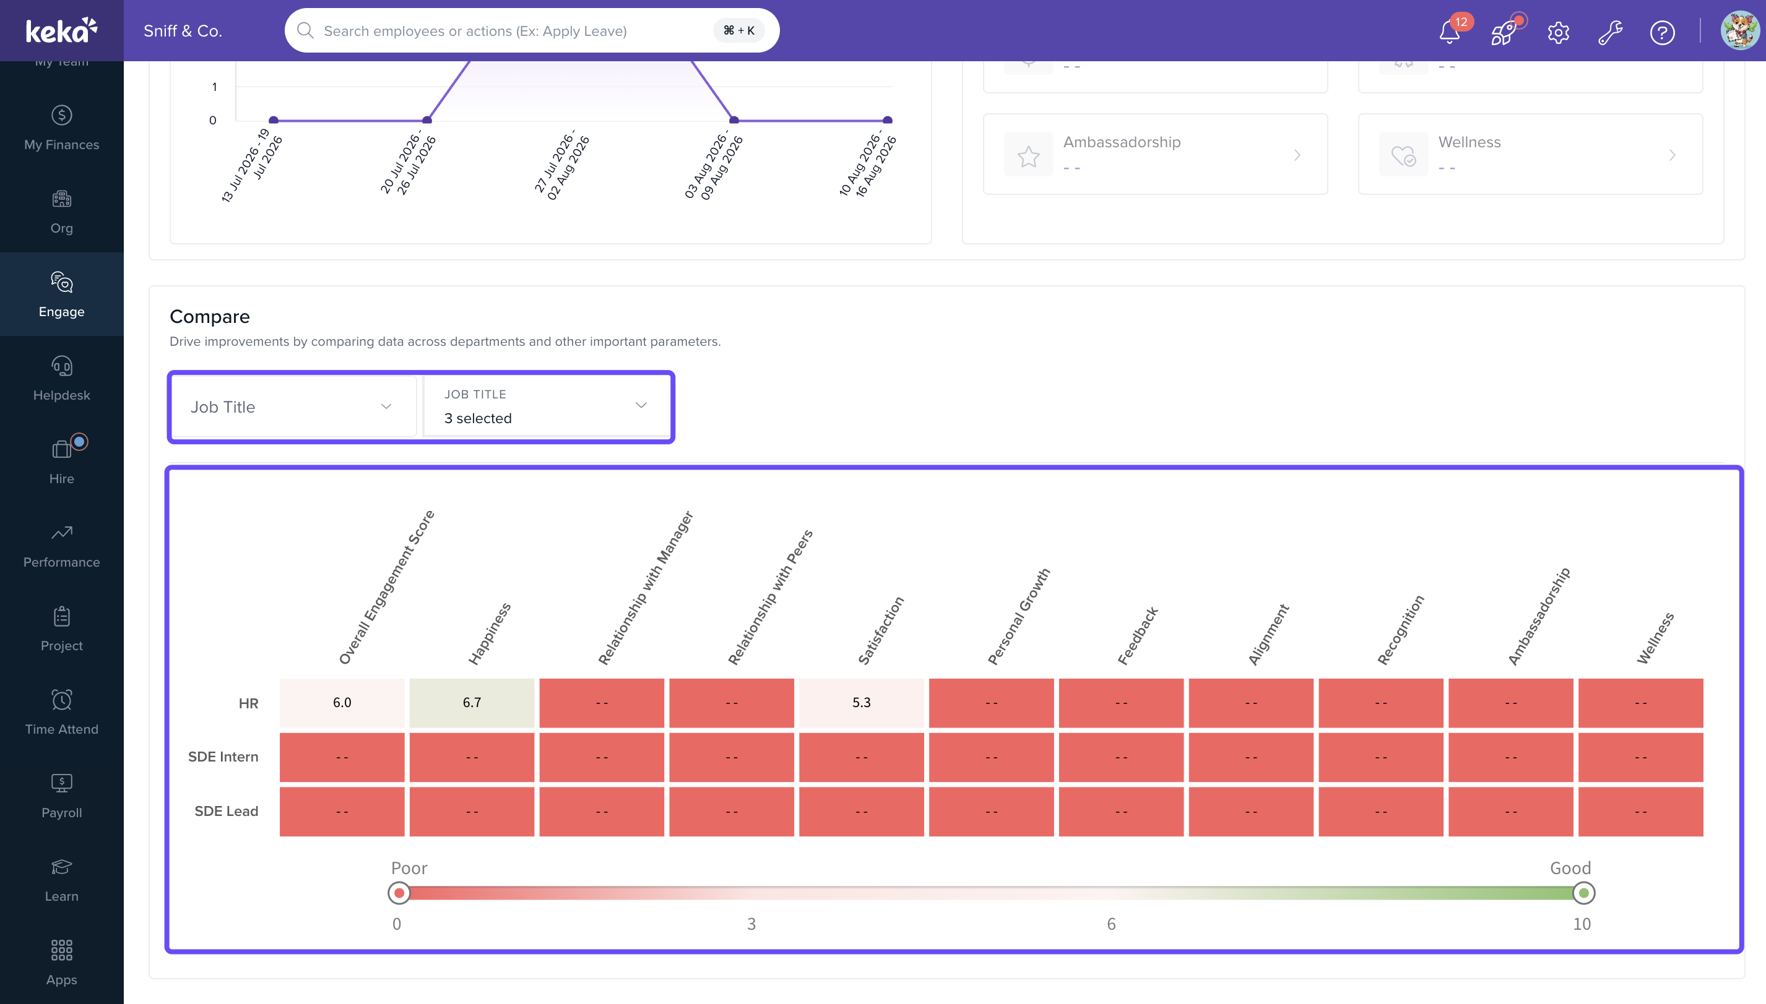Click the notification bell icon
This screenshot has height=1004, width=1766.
tap(1448, 32)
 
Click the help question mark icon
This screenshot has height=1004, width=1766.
tap(1662, 32)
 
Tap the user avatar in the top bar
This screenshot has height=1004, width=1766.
tap(1740, 30)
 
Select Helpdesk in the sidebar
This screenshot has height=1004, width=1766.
tap(61, 378)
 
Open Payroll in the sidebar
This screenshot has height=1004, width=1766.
tap(61, 796)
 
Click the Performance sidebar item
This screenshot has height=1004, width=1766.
tap(61, 546)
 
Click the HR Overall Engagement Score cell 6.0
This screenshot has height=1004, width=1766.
tap(342, 703)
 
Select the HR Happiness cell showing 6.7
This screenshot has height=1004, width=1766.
tap(472, 703)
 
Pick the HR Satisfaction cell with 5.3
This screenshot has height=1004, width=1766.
tap(862, 703)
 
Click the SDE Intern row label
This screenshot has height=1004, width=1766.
tap(223, 757)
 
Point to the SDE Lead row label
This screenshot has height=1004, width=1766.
tap(227, 811)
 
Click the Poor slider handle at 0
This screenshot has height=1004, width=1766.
tap(399, 893)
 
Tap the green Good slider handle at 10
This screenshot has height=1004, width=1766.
tap(1584, 893)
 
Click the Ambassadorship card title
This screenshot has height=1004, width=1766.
tap(1122, 142)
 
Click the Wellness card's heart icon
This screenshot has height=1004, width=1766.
tap(1403, 155)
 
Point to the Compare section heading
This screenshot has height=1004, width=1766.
tap(210, 317)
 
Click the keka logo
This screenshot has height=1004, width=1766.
tap(61, 30)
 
